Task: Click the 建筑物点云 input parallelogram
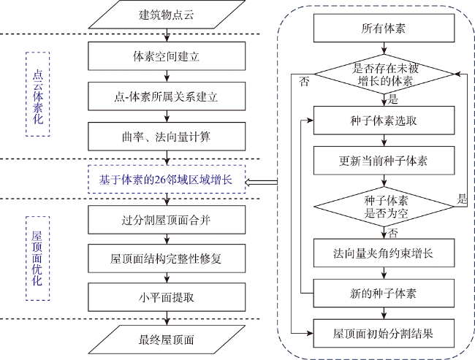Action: [x=167, y=14]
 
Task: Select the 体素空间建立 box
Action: [x=167, y=56]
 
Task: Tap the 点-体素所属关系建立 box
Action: [x=167, y=96]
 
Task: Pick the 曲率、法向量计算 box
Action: [x=167, y=137]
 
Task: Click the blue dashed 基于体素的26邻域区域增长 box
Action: [x=167, y=179]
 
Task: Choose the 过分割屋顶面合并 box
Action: [x=167, y=220]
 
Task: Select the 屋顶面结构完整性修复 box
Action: [x=167, y=258]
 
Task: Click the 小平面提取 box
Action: [x=167, y=297]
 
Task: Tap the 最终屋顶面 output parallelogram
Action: [x=167, y=340]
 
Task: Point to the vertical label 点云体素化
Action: [x=38, y=94]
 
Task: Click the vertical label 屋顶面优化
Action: [x=37, y=258]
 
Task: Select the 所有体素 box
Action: [x=384, y=28]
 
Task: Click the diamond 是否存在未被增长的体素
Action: [x=384, y=74]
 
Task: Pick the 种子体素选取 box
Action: [x=384, y=120]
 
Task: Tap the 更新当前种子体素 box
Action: [x=384, y=161]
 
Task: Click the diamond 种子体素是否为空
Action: [x=384, y=207]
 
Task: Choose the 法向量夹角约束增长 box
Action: [x=384, y=253]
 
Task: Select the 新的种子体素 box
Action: [x=384, y=293]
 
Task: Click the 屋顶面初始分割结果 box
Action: [x=384, y=333]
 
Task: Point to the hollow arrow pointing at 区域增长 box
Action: [x=261, y=182]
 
